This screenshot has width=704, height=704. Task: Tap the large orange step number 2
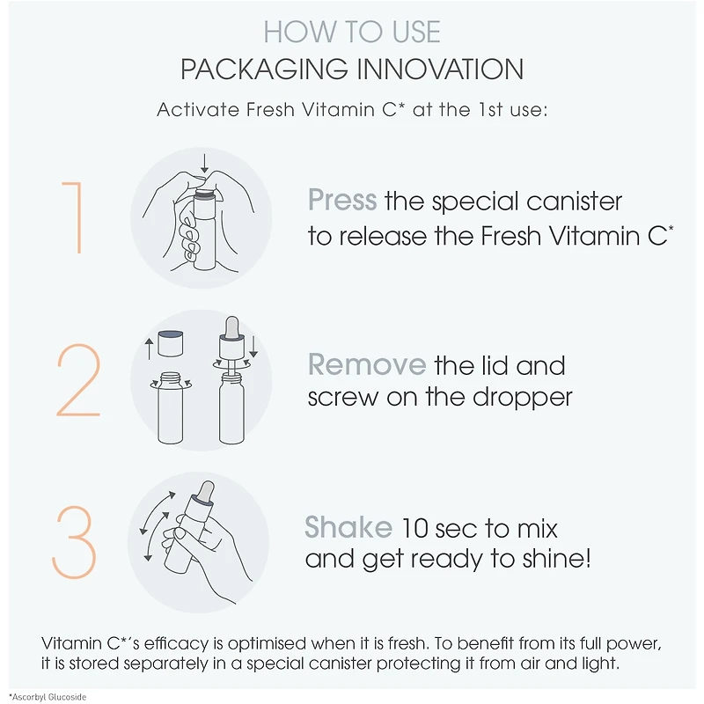(78, 380)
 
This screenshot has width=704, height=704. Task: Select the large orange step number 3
(75, 542)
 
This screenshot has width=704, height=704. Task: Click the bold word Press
(342, 201)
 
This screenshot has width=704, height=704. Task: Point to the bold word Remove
(367, 364)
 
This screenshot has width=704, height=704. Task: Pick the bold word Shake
(348, 526)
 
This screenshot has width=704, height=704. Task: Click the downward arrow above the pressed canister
(204, 164)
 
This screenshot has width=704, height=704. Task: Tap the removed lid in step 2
(171, 343)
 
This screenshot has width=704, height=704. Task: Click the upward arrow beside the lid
(150, 348)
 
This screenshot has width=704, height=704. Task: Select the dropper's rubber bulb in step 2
(231, 326)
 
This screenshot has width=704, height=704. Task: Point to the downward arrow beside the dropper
(253, 348)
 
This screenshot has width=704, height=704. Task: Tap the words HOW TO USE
(352, 32)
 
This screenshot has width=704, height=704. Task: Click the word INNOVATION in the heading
(440, 70)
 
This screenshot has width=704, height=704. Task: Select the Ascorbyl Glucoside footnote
(48, 697)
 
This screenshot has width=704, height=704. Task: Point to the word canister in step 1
(575, 202)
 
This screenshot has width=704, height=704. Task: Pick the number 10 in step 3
(414, 528)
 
